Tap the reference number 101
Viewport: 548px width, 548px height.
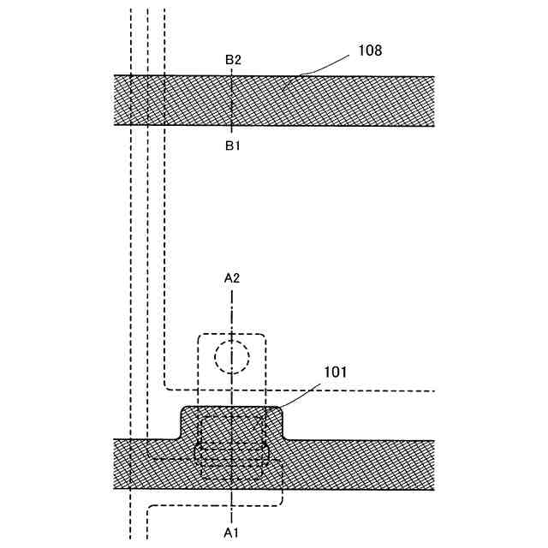point(337,373)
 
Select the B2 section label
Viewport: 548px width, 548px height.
point(233,60)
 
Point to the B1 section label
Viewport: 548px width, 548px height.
point(233,146)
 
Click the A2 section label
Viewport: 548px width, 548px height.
point(232,277)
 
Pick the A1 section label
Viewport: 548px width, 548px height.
point(232,533)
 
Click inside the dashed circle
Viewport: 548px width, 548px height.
point(231,354)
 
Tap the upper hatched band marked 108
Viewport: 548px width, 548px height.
point(342,101)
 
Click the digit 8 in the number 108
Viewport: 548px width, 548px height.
point(377,51)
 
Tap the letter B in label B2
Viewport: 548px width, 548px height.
point(229,60)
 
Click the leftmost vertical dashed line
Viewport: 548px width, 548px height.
point(130,257)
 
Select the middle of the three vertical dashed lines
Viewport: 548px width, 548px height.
point(147,257)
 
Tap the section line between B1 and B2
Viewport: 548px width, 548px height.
point(233,101)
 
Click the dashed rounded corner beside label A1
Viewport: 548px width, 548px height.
point(152,509)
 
